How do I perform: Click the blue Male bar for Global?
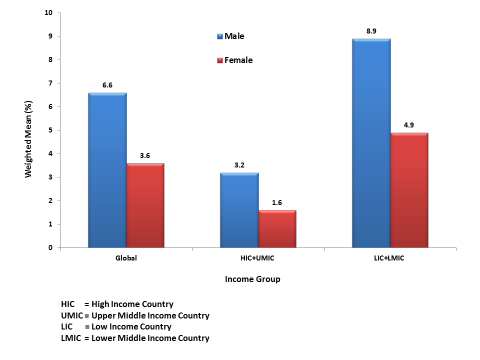point(107,170)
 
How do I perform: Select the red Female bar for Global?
point(145,205)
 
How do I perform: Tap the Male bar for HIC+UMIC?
point(239,210)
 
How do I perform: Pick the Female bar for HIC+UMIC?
point(277,228)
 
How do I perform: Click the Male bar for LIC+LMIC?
point(371,143)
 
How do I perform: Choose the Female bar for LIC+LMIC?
point(409,190)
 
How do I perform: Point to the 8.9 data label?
point(371,31)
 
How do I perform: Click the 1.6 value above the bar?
point(277,202)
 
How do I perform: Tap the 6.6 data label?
point(107,85)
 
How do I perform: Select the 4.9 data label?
point(409,125)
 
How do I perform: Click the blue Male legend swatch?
point(219,36)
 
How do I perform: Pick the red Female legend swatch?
point(219,60)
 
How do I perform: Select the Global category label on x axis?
point(126,258)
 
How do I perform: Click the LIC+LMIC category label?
point(390,258)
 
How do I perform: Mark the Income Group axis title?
point(252,279)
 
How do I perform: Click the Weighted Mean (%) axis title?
point(28,139)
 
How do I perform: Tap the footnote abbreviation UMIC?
point(71,315)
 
